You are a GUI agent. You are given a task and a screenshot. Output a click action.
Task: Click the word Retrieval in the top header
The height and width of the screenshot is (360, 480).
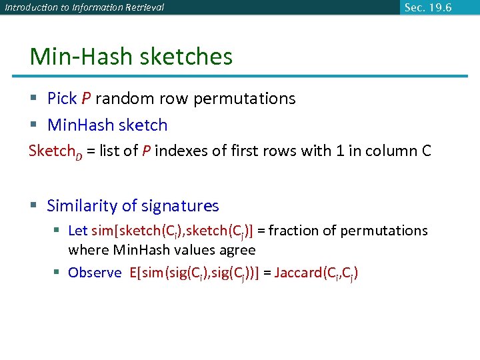[142, 8]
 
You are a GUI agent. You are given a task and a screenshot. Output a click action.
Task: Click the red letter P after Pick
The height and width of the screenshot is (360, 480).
[86, 99]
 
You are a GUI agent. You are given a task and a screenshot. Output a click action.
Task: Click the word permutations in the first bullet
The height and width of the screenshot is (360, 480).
[245, 99]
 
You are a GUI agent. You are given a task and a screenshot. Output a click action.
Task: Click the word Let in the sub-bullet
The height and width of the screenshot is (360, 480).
[78, 231]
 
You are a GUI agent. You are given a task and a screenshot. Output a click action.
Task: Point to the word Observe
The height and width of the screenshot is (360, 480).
[95, 273]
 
